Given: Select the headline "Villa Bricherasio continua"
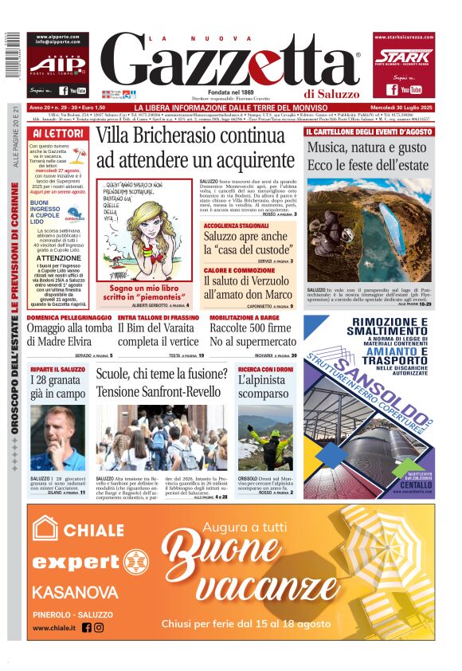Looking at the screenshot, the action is (190, 136).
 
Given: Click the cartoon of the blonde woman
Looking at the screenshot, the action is (147, 232).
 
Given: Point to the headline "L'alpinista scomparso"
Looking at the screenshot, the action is (266, 387).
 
